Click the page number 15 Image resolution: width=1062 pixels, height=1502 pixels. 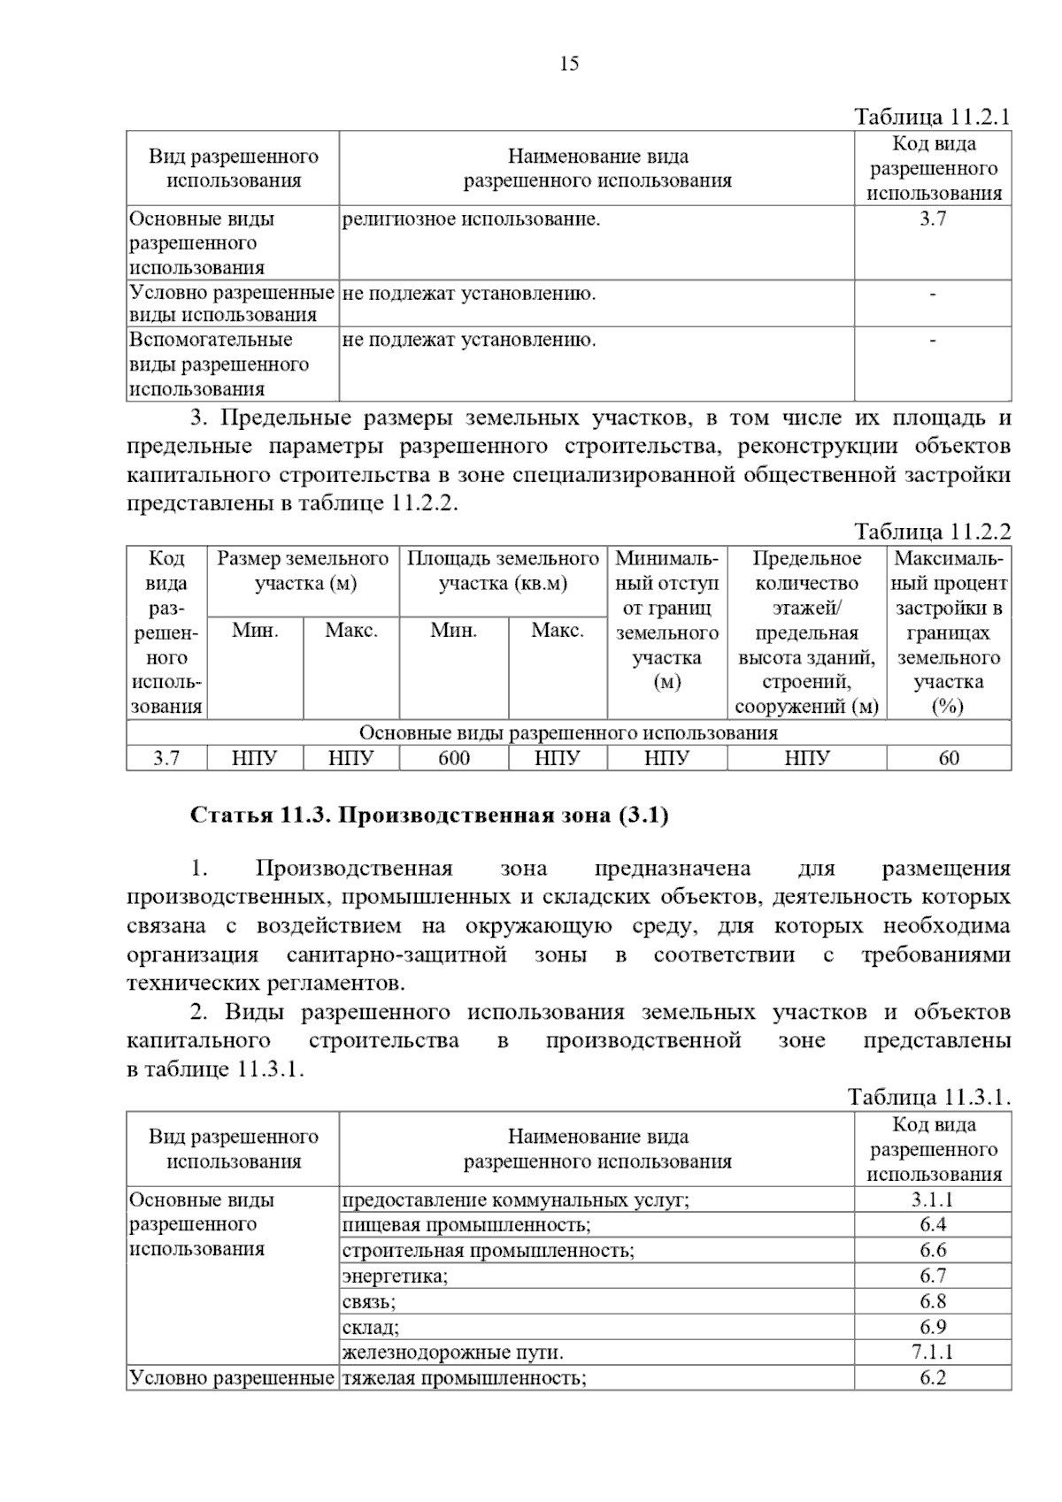click(569, 63)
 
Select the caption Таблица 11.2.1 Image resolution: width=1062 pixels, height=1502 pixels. click(931, 117)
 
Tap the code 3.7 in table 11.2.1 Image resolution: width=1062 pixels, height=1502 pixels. click(933, 219)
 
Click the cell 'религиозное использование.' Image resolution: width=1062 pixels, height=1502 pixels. click(471, 219)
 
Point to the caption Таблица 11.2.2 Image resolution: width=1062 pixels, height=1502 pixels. click(931, 532)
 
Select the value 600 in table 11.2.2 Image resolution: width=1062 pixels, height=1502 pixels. click(454, 758)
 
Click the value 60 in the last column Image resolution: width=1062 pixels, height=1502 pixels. click(948, 758)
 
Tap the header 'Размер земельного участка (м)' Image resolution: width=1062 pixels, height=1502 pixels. click(304, 571)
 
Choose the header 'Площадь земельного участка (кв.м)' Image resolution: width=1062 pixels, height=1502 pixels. click(503, 571)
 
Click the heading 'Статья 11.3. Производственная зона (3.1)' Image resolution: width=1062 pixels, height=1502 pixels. click(429, 815)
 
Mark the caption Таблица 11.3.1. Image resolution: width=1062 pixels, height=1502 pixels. click(928, 1098)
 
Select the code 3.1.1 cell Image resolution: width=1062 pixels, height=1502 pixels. click(933, 1200)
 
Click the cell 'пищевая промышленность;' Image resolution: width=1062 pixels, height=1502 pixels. click(466, 1225)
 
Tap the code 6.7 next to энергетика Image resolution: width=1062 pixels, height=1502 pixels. click(933, 1276)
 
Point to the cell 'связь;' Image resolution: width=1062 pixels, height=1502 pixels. click(369, 1301)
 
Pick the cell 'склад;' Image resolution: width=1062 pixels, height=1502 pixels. click(371, 1327)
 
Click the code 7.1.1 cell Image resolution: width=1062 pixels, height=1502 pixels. click(933, 1352)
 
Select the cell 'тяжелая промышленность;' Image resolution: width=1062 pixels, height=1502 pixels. click(464, 1377)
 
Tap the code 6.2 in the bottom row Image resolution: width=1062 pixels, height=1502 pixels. click(933, 1377)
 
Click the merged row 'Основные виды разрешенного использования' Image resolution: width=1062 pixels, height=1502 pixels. click(568, 733)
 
